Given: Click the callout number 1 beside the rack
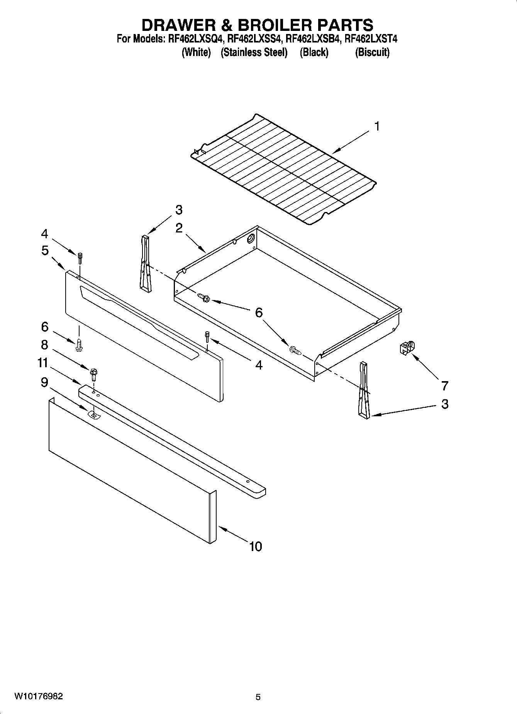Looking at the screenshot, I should pyautogui.click(x=377, y=126).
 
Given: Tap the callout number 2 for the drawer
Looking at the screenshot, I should pyautogui.click(x=179, y=228).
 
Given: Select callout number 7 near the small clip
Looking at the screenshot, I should pyautogui.click(x=444, y=385).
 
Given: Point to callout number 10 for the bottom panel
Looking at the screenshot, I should pyautogui.click(x=256, y=546).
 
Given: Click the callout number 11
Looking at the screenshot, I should pyautogui.click(x=43, y=363).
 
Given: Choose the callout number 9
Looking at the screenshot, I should pyautogui.click(x=44, y=382).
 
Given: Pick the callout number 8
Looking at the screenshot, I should pyautogui.click(x=44, y=344).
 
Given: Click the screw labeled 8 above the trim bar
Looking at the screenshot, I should pyautogui.click(x=93, y=373).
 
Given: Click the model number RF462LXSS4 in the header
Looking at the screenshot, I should pyautogui.click(x=255, y=39).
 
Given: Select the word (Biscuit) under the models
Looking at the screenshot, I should pyautogui.click(x=372, y=52).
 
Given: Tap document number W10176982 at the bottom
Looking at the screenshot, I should pyautogui.click(x=39, y=696).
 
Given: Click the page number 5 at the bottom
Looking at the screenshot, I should pyautogui.click(x=258, y=697).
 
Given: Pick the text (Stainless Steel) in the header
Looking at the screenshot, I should pyautogui.click(x=254, y=52).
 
